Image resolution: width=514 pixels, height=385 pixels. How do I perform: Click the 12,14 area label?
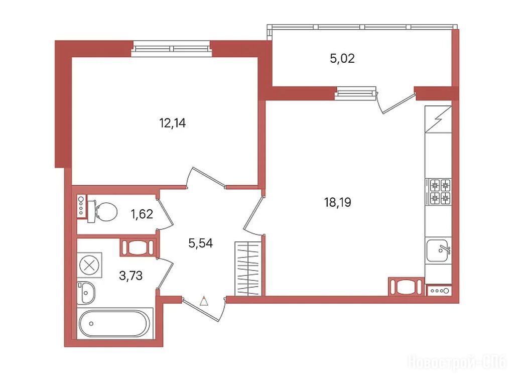[173, 123]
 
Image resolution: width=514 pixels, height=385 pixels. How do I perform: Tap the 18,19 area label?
[338, 202]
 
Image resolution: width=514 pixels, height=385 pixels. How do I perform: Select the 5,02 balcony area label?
[342, 59]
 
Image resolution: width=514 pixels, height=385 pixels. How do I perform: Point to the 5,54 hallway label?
[201, 243]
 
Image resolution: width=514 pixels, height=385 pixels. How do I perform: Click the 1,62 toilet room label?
[142, 214]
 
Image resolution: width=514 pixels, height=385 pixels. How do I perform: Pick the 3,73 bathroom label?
[131, 276]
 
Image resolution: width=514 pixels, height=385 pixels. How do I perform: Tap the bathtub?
[115, 324]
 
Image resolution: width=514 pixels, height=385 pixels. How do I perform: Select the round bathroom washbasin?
[86, 293]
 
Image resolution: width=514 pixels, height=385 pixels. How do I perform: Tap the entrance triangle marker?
[204, 301]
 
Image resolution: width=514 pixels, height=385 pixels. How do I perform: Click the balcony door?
[396, 103]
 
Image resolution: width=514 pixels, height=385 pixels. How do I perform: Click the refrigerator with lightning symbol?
[438, 119]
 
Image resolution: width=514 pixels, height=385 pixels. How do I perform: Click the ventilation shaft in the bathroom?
[138, 247]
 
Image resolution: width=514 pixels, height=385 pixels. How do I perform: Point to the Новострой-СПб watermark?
[457, 363]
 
